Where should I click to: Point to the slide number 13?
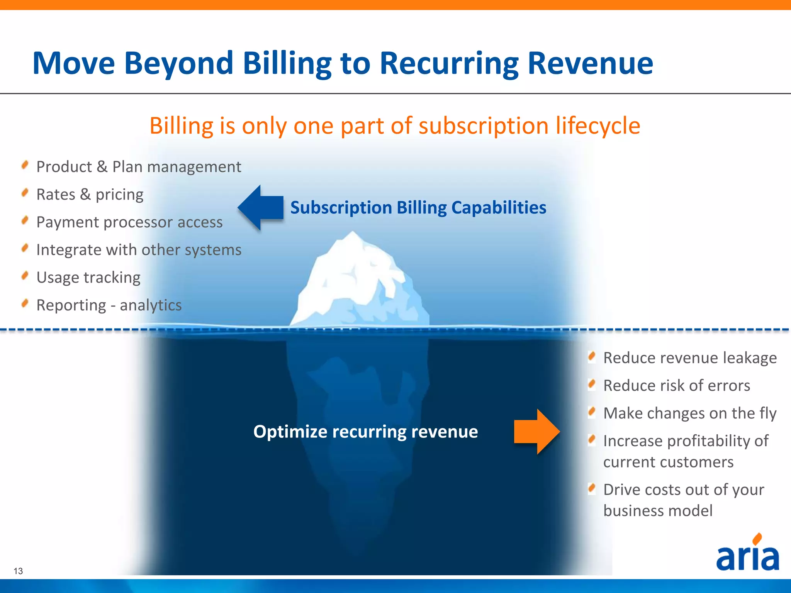tap(18, 571)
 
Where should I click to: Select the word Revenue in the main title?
tap(590, 63)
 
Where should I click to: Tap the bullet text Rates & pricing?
tap(90, 195)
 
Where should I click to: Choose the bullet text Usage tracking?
tap(88, 278)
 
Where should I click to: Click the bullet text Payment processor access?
tap(129, 222)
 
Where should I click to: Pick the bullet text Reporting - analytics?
tap(109, 305)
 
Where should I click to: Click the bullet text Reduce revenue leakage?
tap(690, 358)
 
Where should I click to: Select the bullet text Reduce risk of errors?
tap(677, 386)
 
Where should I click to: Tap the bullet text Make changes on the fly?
tap(690, 413)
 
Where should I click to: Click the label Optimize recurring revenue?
tap(365, 432)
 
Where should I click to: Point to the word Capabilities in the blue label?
tap(499, 208)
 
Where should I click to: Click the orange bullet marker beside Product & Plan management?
tap(25, 165)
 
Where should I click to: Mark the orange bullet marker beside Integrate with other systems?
tap(25, 248)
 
